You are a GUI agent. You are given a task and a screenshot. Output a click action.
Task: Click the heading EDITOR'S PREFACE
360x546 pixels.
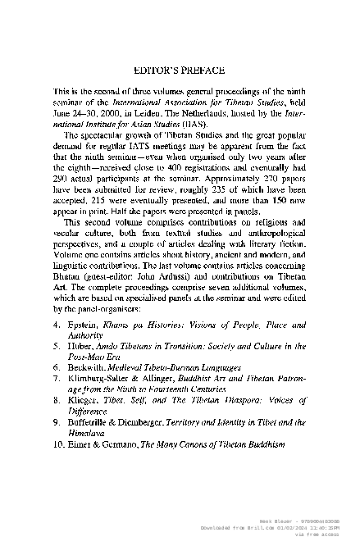click(180, 71)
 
